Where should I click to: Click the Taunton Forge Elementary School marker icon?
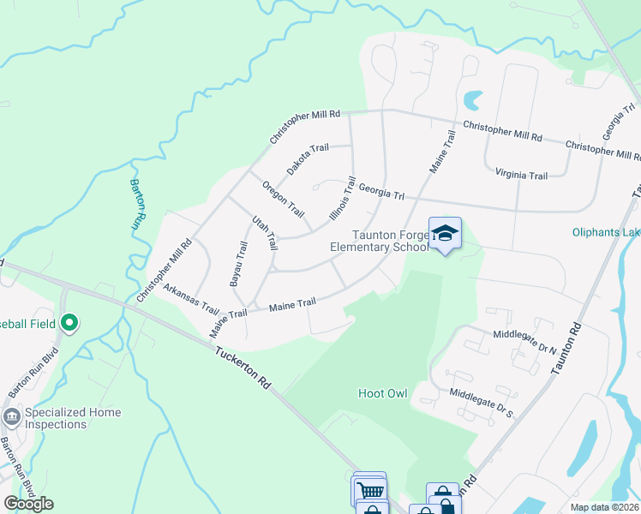(445, 233)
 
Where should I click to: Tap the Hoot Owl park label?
(382, 394)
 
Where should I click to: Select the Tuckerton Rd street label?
(243, 368)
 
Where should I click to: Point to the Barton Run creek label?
(135, 202)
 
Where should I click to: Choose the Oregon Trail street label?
(284, 199)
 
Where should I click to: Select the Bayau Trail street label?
(238, 263)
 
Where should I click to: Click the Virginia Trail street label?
(521, 175)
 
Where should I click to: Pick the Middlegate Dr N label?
(524, 337)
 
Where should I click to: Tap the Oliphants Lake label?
(606, 232)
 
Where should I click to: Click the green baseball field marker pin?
(69, 323)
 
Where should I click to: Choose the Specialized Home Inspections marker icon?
(12, 417)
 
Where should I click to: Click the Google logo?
(28, 504)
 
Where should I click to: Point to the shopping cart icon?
(369, 490)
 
